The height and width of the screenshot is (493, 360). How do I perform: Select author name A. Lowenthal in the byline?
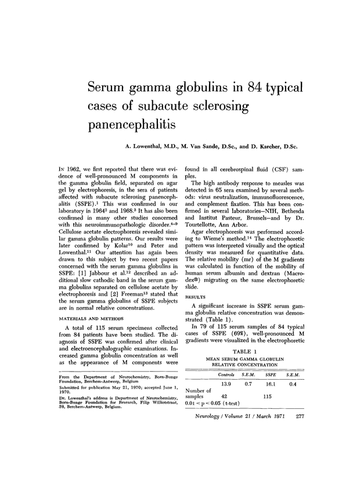pyautogui.click(x=149, y=147)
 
